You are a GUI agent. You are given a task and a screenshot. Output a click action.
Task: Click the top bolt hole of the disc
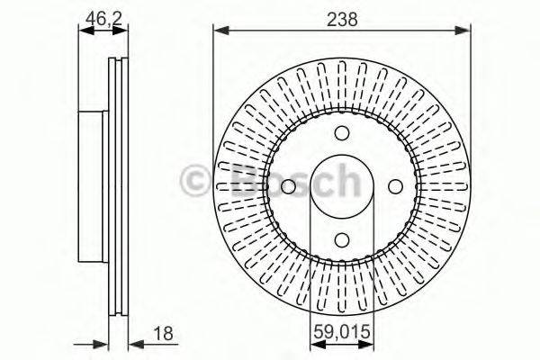tap(342, 134)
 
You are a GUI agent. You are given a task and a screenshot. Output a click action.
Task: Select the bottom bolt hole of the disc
tap(342, 240)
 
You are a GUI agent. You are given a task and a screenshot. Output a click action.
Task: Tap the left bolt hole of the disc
tap(288, 187)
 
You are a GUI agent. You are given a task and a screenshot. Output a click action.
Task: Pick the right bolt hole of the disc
tap(395, 187)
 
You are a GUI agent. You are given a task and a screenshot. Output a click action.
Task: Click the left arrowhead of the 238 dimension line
tap(219, 31)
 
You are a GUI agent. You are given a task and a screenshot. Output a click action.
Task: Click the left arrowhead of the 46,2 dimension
tap(83, 31)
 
